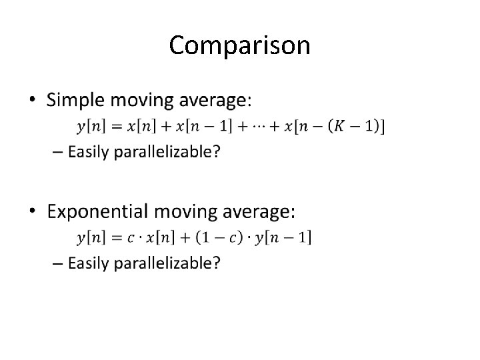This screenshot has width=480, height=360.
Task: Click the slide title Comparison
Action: [239, 45]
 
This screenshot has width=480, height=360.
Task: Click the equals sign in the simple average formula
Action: [114, 126]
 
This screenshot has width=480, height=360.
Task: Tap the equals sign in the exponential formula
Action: [114, 237]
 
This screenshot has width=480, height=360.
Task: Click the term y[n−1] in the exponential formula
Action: [283, 237]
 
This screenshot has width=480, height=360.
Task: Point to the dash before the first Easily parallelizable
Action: [56, 152]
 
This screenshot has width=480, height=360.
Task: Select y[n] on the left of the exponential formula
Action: [91, 237]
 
